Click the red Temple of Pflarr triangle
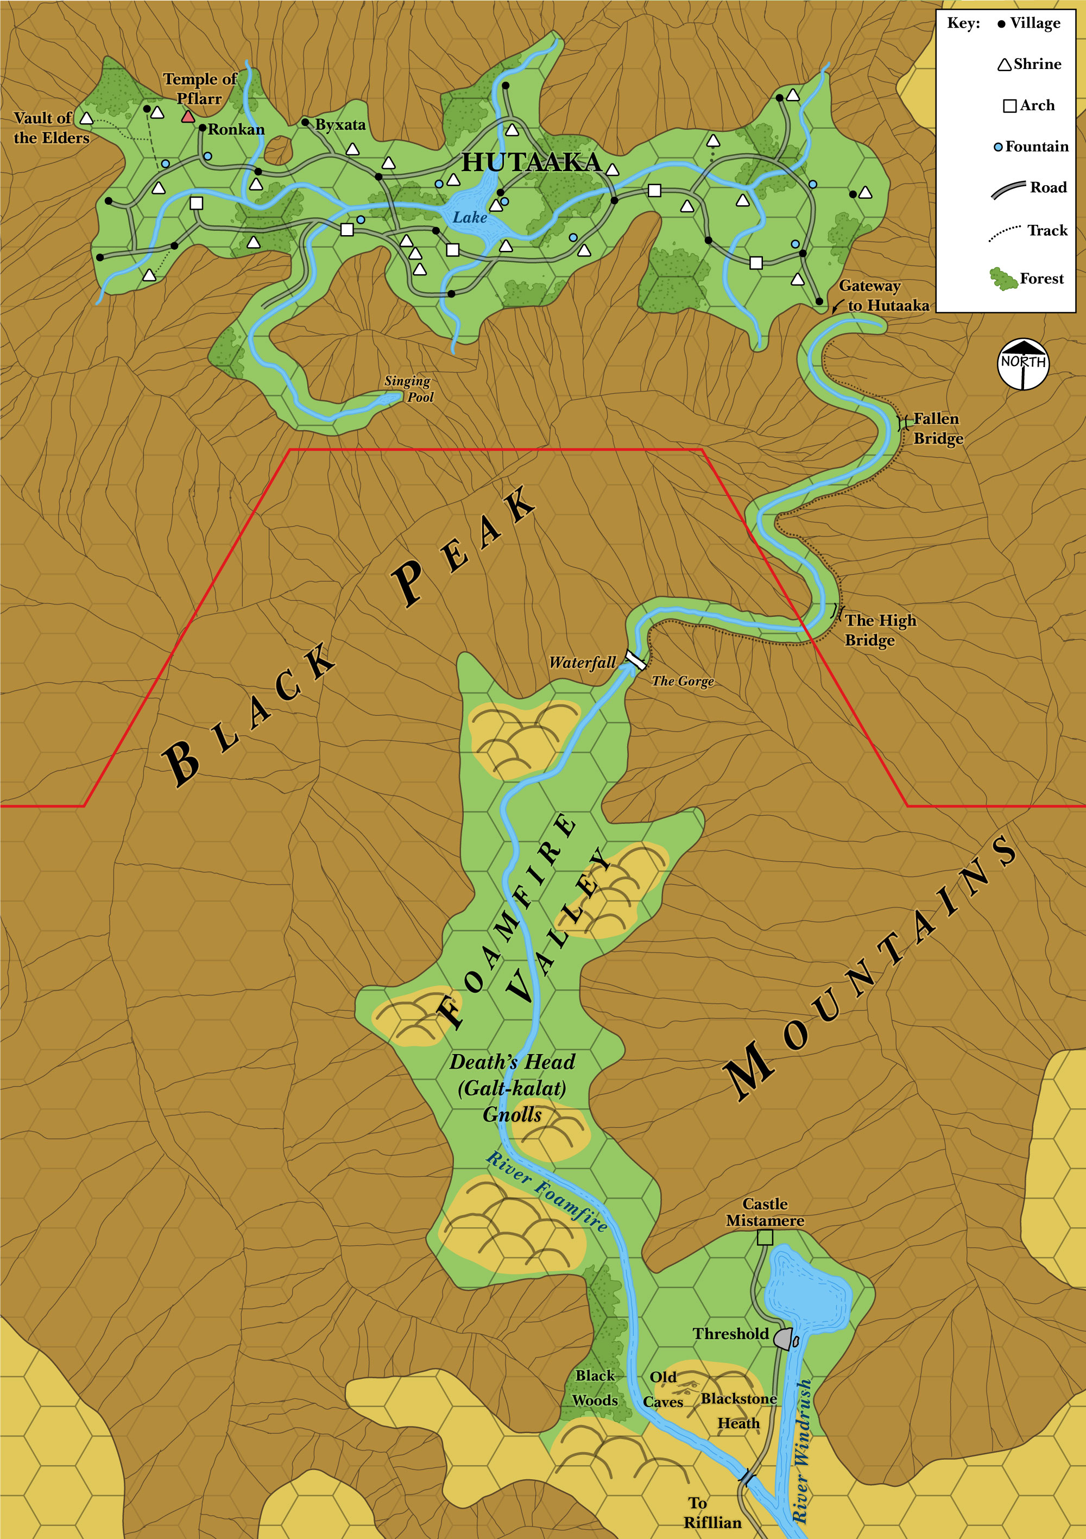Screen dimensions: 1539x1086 (x=188, y=117)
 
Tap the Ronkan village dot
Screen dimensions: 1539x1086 (x=203, y=128)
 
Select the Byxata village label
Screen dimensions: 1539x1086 (x=340, y=125)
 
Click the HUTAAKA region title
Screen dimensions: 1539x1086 (x=532, y=162)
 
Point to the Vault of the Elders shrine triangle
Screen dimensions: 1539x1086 (x=86, y=118)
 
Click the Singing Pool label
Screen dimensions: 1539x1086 (x=409, y=389)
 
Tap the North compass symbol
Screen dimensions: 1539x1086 (x=1023, y=363)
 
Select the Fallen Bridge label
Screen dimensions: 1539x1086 (x=937, y=428)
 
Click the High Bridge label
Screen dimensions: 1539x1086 (x=880, y=630)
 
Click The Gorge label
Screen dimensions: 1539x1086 (x=683, y=681)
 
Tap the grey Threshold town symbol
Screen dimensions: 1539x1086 (x=783, y=1338)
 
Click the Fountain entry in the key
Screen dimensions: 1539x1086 (x=1036, y=146)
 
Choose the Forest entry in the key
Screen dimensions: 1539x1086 (x=1040, y=278)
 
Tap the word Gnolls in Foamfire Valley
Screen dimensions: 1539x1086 (x=512, y=1115)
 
